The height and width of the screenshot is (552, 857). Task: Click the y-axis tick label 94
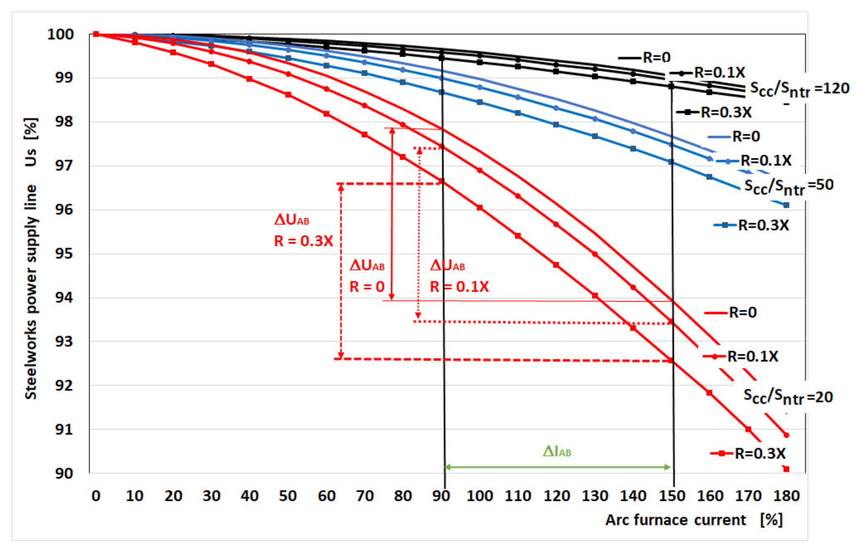[64, 298]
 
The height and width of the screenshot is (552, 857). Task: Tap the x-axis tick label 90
[441, 496]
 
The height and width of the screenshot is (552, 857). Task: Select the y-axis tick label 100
[61, 34]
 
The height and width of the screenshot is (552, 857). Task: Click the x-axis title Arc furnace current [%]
[694, 520]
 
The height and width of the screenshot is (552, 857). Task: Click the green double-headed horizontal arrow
[557, 467]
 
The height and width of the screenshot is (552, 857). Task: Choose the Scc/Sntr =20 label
[788, 397]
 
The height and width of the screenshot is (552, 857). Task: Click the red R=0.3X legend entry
[748, 454]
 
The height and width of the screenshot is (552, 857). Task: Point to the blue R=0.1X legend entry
[754, 161]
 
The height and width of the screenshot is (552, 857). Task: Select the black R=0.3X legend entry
[714, 112]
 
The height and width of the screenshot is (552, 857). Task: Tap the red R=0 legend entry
[731, 313]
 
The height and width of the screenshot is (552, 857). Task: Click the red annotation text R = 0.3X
[303, 241]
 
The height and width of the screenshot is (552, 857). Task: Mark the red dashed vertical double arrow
[341, 271]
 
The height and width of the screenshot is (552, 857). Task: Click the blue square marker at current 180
[786, 205]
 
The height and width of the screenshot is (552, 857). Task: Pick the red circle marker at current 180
[786, 435]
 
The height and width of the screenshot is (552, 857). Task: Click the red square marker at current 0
[96, 34]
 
